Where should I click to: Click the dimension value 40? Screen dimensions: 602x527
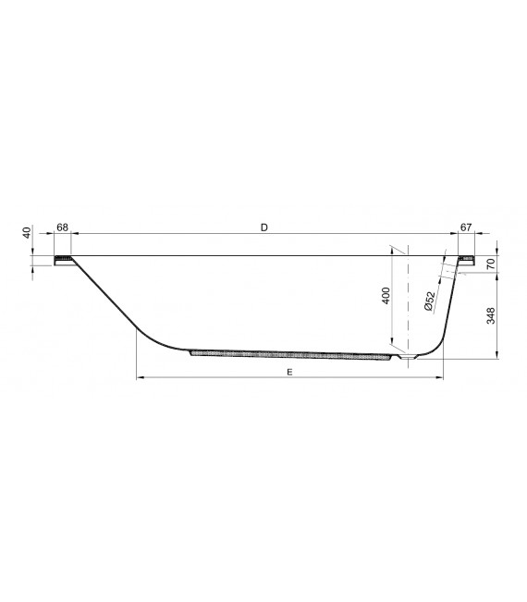tap(28, 232)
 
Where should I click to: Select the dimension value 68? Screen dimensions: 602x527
tap(62, 227)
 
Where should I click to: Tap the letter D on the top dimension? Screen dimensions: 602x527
tap(264, 227)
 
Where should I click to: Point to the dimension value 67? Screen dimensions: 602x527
tap(466, 227)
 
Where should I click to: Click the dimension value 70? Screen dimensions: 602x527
tap(491, 264)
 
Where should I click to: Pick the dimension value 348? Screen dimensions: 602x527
tap(491, 318)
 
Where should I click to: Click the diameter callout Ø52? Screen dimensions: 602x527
tap(431, 301)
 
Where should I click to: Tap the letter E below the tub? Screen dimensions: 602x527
tap(289, 371)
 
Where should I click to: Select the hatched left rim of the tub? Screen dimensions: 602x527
tap(65, 258)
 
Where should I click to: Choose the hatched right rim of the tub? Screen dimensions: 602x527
tap(467, 258)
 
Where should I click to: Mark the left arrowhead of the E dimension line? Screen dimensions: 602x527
tap(140, 377)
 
